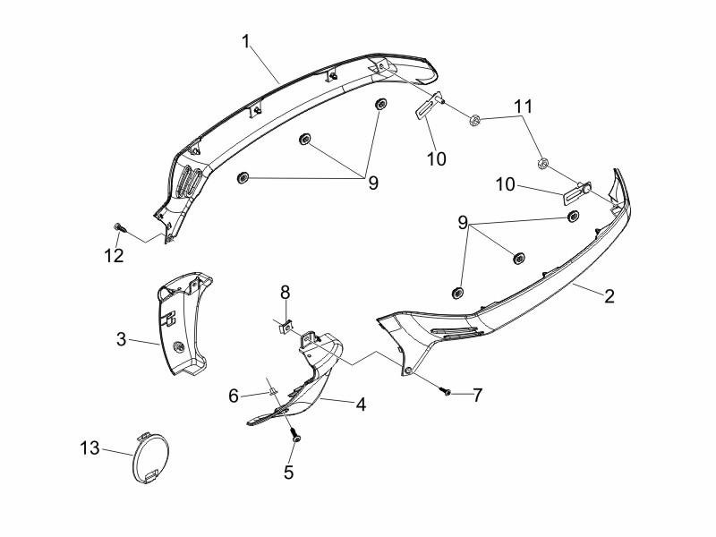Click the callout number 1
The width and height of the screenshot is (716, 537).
(244, 40)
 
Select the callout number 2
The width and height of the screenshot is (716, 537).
(609, 296)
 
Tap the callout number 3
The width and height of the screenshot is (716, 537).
(122, 339)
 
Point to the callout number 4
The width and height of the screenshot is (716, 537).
(361, 405)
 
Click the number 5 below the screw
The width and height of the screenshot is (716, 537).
(288, 473)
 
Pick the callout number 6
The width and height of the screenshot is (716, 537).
(233, 395)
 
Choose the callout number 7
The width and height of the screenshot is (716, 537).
(477, 395)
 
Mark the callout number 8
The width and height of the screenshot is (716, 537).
(285, 292)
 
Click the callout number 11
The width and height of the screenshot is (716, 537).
(523, 107)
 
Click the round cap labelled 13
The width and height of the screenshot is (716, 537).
(148, 458)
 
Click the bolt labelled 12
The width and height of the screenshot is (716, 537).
(119, 226)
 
